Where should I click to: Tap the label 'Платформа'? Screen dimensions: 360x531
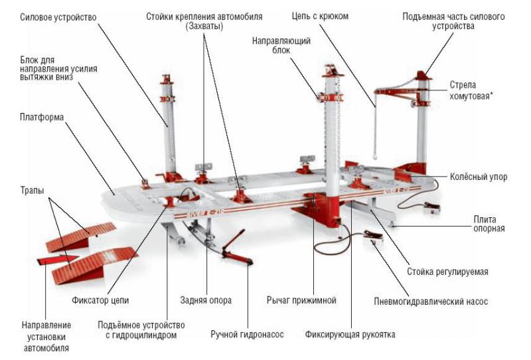pyautogui.click(x=40, y=118)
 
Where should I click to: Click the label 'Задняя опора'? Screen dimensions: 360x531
pyautogui.click(x=206, y=300)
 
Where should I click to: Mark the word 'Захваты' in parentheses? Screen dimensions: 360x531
pyautogui.click(x=203, y=27)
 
